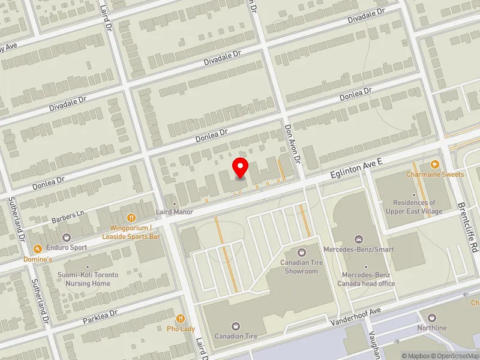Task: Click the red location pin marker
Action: pyautogui.click(x=241, y=167)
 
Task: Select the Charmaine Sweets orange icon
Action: pyautogui.click(x=435, y=164)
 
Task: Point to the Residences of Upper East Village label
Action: pyautogui.click(x=415, y=207)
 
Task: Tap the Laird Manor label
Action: pyautogui.click(x=175, y=212)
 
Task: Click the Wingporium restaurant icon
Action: pyautogui.click(x=130, y=218)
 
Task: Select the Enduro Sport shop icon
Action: pyautogui.click(x=66, y=238)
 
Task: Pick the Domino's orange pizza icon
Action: pyautogui.click(x=37, y=248)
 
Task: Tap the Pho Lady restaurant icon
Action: pyautogui.click(x=180, y=319)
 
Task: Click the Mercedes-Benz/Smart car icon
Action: pyautogui.click(x=359, y=239)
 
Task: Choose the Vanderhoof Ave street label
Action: pyautogui.click(x=356, y=317)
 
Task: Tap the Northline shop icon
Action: pyautogui.click(x=431, y=317)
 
